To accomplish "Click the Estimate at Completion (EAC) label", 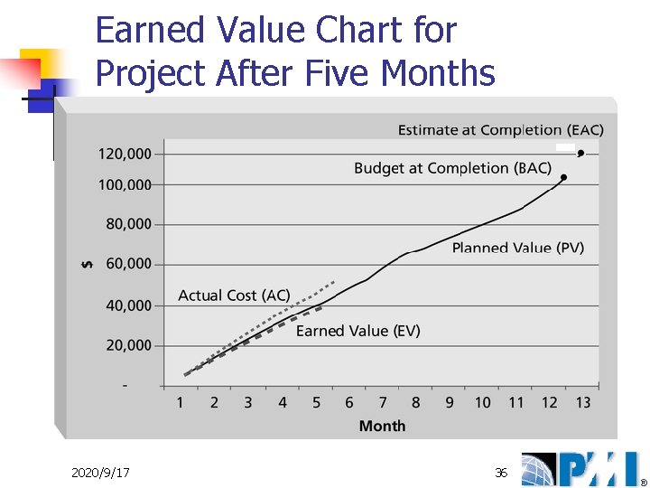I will click(500, 130).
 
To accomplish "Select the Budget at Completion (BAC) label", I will click(452, 168).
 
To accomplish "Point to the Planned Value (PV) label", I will click(517, 248).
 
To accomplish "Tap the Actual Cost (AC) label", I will click(234, 296).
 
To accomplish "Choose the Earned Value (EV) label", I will click(357, 331).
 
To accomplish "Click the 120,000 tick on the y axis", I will click(125, 154).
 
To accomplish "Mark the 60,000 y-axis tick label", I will click(128, 264).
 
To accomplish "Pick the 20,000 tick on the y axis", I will click(128, 345).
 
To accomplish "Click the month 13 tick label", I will click(583, 402).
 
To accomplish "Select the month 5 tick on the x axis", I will click(316, 402).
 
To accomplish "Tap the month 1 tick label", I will click(180, 402).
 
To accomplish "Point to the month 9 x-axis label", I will click(449, 402).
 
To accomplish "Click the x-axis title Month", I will click(382, 426).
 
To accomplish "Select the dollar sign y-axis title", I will click(87, 264).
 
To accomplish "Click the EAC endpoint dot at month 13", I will click(581, 153).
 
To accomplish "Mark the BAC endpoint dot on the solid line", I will click(563, 177).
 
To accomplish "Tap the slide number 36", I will click(501, 473).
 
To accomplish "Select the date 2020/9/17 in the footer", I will click(100, 473).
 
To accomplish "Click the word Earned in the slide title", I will click(152, 31).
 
